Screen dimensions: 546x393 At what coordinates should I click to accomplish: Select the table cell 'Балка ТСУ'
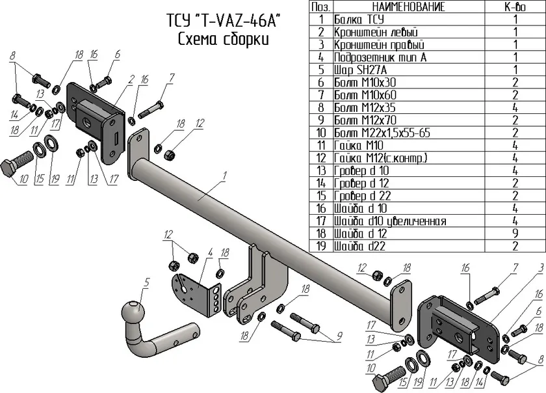click(359, 19)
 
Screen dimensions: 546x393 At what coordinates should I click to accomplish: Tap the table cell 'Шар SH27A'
click(360, 70)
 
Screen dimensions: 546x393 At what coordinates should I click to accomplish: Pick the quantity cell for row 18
click(515, 234)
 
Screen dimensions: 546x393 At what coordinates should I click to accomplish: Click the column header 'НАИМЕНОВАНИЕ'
click(409, 7)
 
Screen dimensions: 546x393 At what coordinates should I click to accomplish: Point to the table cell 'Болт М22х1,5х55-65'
click(382, 133)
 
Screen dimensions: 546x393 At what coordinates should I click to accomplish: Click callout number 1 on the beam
click(224, 176)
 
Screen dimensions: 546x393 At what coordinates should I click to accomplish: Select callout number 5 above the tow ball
click(146, 283)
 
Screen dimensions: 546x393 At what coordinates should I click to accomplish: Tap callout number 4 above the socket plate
click(210, 253)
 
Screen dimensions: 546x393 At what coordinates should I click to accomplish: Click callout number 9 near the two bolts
click(339, 336)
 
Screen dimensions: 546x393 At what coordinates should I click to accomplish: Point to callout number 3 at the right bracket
click(540, 268)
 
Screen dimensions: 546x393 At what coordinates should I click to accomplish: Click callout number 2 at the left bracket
click(131, 80)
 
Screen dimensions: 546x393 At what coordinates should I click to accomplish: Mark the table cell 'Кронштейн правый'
click(379, 45)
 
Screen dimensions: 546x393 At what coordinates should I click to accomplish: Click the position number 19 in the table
click(320, 246)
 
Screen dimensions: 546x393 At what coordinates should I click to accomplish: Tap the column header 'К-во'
click(515, 7)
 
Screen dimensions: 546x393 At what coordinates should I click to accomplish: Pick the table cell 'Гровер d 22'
click(363, 196)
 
